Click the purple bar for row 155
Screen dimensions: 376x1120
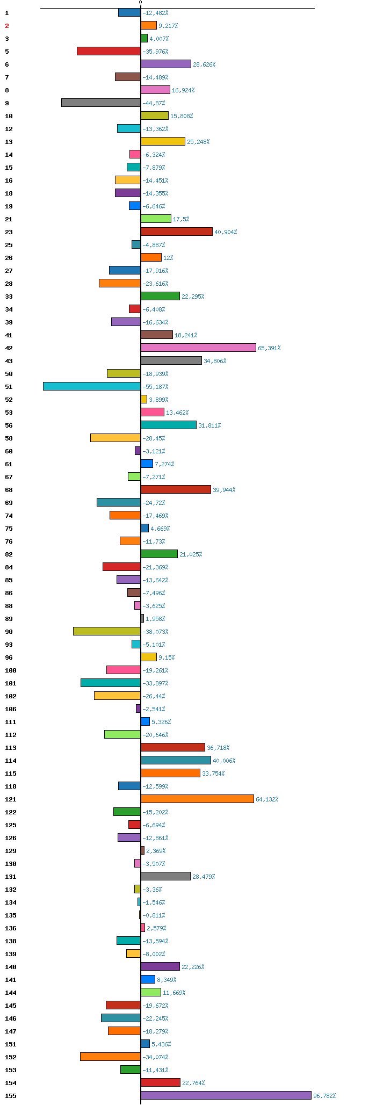(226, 1095)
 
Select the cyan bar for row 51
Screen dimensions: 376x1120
(92, 386)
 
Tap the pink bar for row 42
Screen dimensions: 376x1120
(198, 348)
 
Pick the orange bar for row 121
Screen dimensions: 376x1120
(197, 799)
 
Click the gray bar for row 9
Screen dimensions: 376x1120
(101, 103)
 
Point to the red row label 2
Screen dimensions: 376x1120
(7, 26)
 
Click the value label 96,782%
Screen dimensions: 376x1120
(325, 1096)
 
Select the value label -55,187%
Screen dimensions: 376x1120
(155, 387)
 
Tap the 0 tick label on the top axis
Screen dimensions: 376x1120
(141, 3)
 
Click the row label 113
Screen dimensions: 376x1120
(11, 748)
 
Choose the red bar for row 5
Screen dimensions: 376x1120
(109, 51)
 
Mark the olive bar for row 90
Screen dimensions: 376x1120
(107, 631)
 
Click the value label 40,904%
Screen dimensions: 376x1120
(226, 232)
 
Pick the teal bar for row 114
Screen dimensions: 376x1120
(176, 760)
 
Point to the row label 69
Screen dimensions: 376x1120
(9, 503)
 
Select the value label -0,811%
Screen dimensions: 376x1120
(154, 915)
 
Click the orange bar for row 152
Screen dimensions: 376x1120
(110, 1057)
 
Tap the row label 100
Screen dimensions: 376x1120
(11, 670)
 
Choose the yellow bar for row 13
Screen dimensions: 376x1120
(163, 141)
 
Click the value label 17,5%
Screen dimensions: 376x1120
(181, 219)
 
